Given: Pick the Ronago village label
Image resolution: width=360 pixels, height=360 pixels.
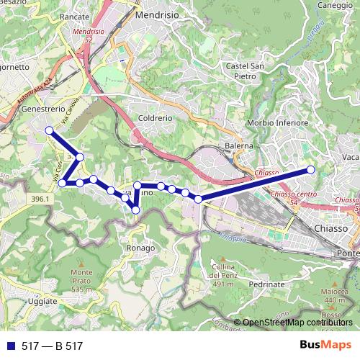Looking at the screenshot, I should coord(140,248).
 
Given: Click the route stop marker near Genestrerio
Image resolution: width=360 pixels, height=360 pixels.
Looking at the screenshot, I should coord(49,130).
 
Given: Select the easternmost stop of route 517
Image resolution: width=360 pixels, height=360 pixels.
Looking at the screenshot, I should coord(311,170).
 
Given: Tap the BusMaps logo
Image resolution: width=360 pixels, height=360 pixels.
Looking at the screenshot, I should coord(325,346).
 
